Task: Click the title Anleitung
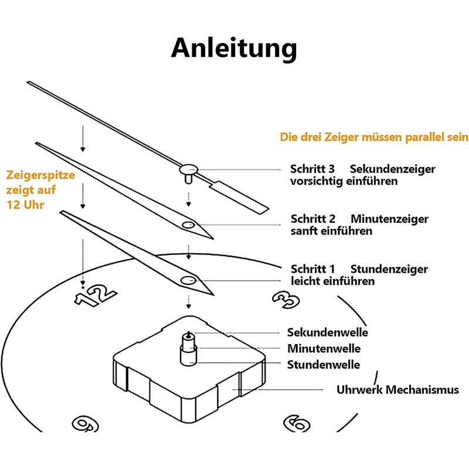pyautogui.click(x=234, y=49)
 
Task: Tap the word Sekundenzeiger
pyautogui.click(x=392, y=169)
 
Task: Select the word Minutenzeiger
pyautogui.click(x=389, y=219)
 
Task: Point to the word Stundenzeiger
pyautogui.click(x=389, y=269)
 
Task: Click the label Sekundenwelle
pyautogui.click(x=328, y=332)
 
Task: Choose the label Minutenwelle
pyautogui.click(x=324, y=349)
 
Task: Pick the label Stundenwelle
pyautogui.click(x=324, y=365)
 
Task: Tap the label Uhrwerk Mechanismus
pyautogui.click(x=397, y=390)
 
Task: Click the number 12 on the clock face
pyautogui.click(x=95, y=295)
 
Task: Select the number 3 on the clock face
pyautogui.click(x=286, y=300)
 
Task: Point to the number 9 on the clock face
pyautogui.click(x=86, y=424)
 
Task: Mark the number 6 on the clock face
pyautogui.click(x=297, y=423)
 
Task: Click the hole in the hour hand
pyautogui.click(x=188, y=281)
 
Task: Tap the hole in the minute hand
pyautogui.click(x=188, y=225)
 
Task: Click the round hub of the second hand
pyautogui.click(x=189, y=169)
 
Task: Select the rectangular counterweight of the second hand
pyautogui.click(x=239, y=198)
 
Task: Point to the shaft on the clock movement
pyautogui.click(x=189, y=349)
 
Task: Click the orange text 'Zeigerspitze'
pyautogui.click(x=40, y=175)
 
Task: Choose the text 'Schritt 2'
pyautogui.click(x=313, y=219)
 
